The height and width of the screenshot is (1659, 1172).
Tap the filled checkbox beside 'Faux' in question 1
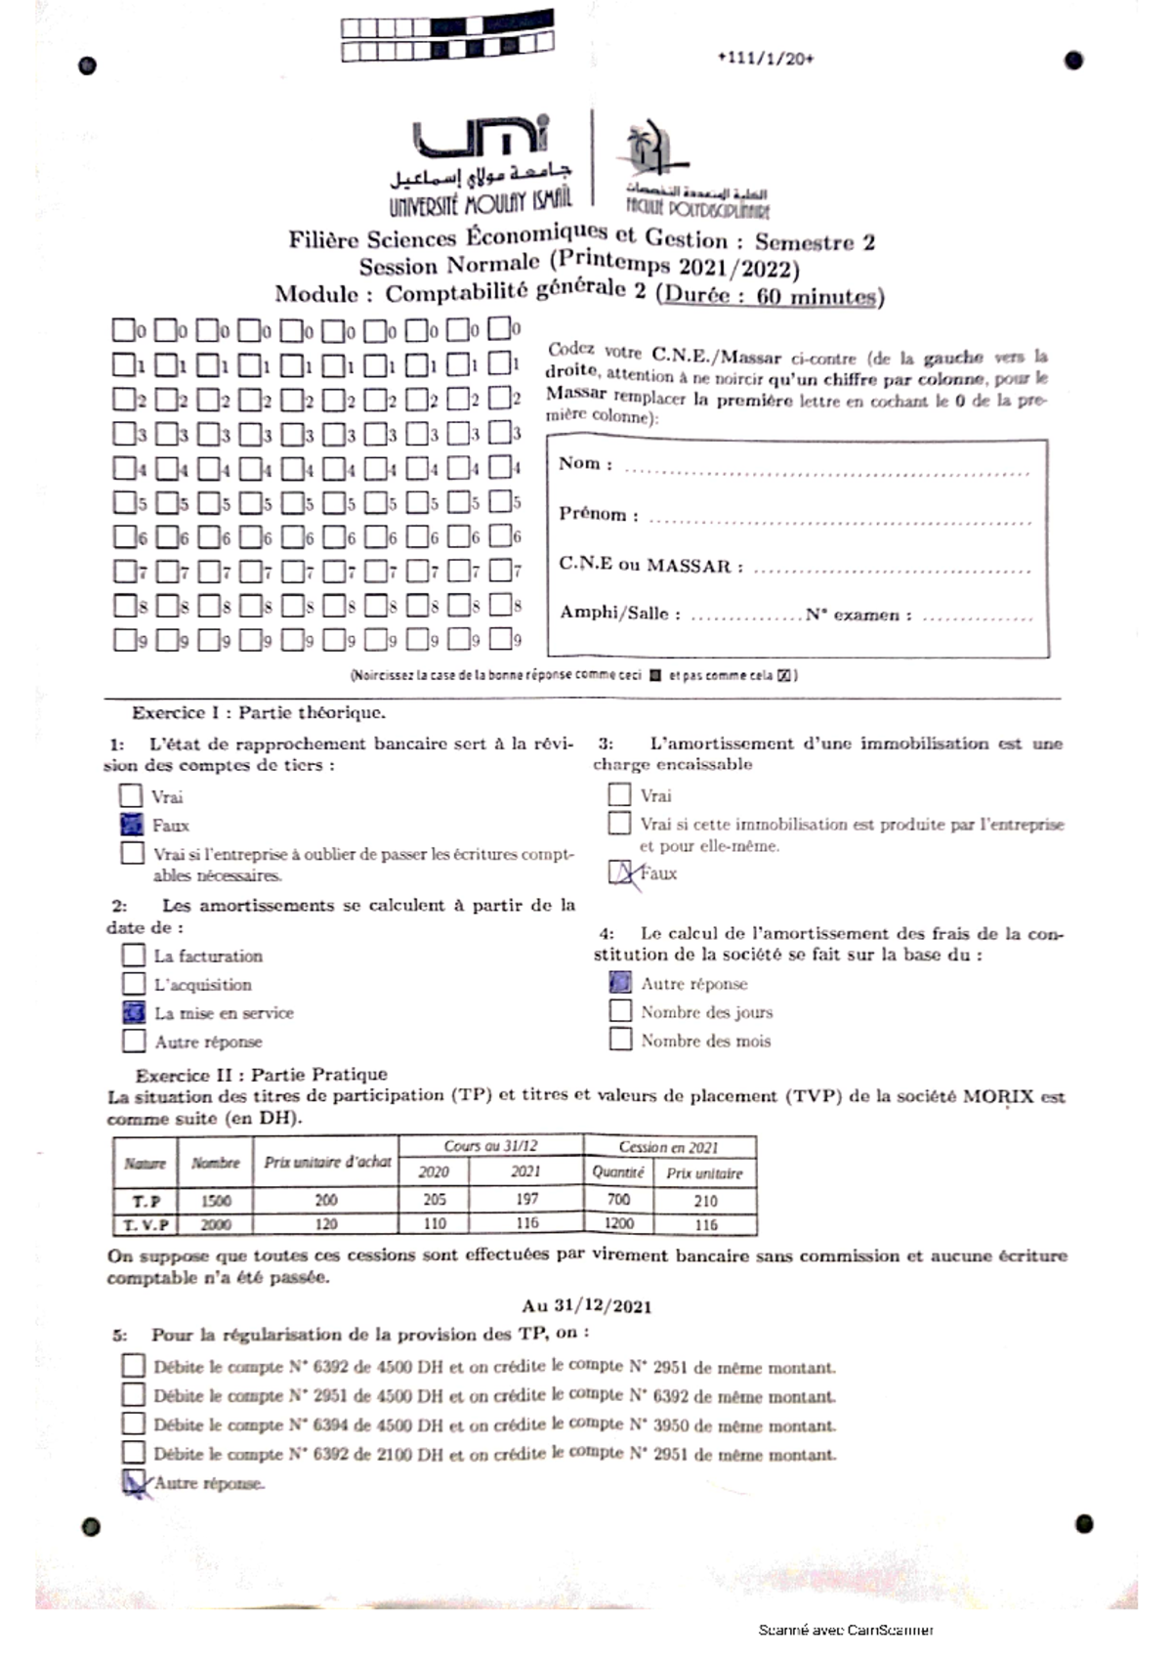(132, 825)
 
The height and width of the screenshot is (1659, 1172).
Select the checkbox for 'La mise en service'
(134, 1012)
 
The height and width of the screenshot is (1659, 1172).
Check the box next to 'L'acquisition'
(134, 983)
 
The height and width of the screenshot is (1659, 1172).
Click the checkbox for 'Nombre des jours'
(620, 1011)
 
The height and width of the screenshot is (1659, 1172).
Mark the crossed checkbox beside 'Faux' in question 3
(621, 872)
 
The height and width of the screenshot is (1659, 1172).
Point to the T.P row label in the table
(146, 1201)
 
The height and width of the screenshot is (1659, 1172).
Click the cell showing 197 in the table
(526, 1199)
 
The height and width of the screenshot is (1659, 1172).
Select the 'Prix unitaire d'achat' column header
(327, 1162)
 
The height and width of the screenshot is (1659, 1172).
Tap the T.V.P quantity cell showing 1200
(618, 1223)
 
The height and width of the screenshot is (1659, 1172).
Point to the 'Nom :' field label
(585, 463)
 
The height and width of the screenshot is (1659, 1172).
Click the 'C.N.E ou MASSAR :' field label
(650, 565)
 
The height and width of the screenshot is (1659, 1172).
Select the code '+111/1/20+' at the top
(765, 59)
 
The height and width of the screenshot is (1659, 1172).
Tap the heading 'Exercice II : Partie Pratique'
(261, 1075)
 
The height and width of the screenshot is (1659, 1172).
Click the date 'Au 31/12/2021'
(586, 1306)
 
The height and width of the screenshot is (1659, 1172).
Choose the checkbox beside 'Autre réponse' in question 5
(135, 1483)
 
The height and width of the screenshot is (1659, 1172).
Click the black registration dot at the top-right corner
(1073, 61)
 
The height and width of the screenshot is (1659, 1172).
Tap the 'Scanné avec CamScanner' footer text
(846, 1630)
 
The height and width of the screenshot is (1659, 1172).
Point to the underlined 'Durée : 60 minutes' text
(772, 296)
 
